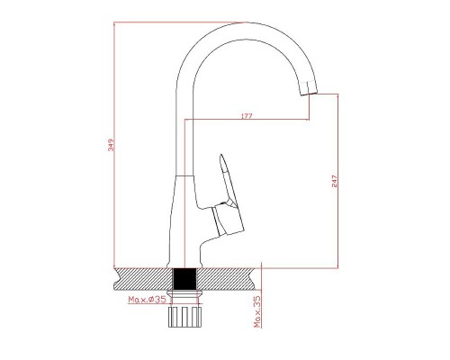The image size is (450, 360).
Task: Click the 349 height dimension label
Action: pos(112,145)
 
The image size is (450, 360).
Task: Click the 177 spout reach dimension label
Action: pos(247,116)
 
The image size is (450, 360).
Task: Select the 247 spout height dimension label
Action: pos(335,182)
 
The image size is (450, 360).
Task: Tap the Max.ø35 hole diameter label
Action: pos(147,300)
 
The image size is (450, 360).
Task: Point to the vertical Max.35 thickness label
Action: pos(257,311)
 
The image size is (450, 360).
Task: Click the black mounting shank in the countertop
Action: pos(184,279)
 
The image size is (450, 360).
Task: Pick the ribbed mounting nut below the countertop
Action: pos(184,317)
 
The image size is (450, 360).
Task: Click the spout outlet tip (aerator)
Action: pos(309,88)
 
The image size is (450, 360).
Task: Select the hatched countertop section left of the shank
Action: pos(143,279)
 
